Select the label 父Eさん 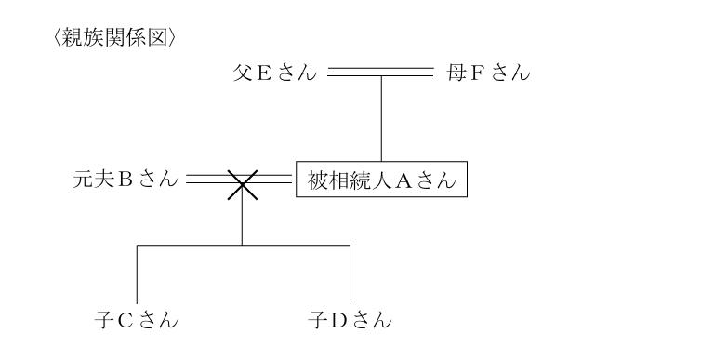(x=273, y=73)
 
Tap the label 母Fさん (x=488, y=73)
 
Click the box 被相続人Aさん (x=380, y=180)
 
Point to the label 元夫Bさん (x=125, y=180)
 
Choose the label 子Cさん (x=137, y=322)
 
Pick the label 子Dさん (x=350, y=322)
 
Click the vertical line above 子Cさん (x=138, y=274)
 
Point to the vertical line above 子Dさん (x=350, y=274)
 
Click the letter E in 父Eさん (x=263, y=73)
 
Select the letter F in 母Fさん (x=478, y=73)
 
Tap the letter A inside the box (x=404, y=180)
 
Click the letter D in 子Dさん (x=337, y=322)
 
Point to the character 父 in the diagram (x=244, y=73)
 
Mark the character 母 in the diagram (x=456, y=73)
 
